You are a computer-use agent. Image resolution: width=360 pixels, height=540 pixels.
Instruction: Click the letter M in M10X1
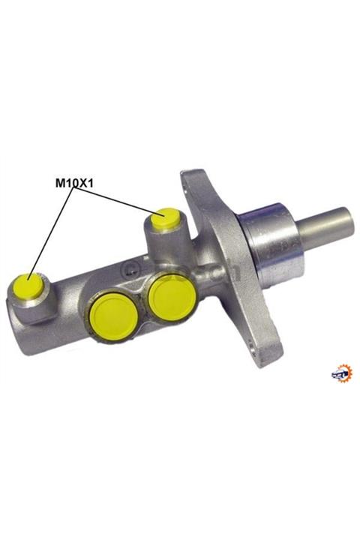59,181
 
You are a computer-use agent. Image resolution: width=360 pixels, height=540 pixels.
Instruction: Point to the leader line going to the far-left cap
49,232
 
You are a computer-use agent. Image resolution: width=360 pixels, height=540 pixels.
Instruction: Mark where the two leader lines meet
74,189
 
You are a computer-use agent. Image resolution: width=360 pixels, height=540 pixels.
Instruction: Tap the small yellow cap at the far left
29,285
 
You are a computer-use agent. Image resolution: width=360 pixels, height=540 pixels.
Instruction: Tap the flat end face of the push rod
348,223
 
